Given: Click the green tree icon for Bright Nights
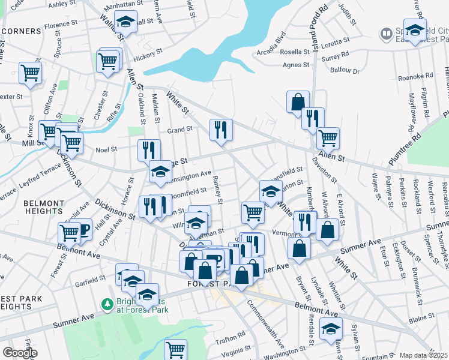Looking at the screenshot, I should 107,304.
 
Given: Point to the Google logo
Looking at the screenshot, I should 18,353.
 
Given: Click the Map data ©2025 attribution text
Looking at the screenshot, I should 423,355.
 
